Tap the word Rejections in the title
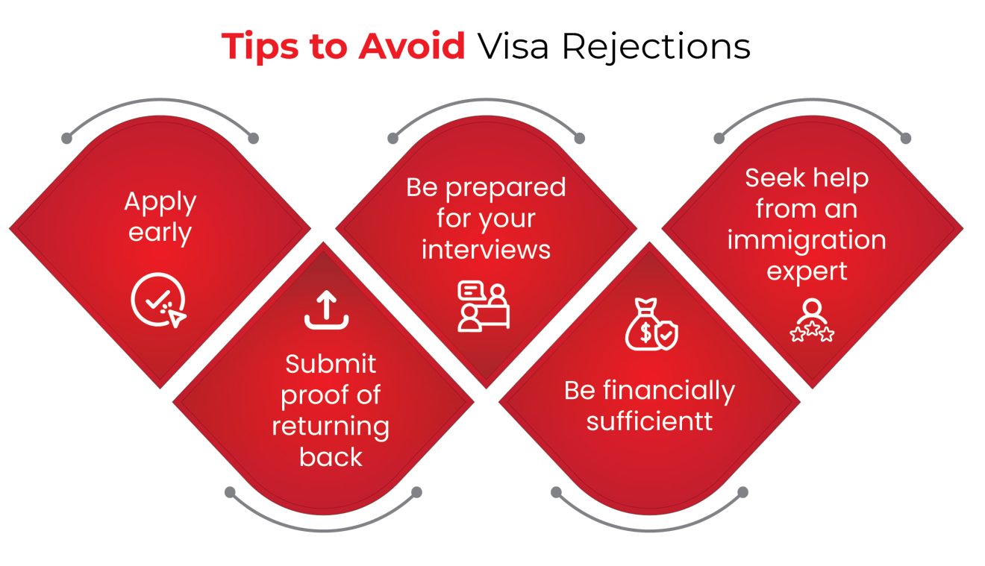[x=656, y=47]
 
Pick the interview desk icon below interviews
[x=484, y=306]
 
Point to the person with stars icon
[x=811, y=321]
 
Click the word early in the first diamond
[x=160, y=233]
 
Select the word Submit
[x=331, y=365]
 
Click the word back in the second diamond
[x=331, y=456]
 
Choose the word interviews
[x=486, y=250]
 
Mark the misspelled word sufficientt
[x=649, y=421]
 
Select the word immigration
[x=807, y=241]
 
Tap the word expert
[x=807, y=271]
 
